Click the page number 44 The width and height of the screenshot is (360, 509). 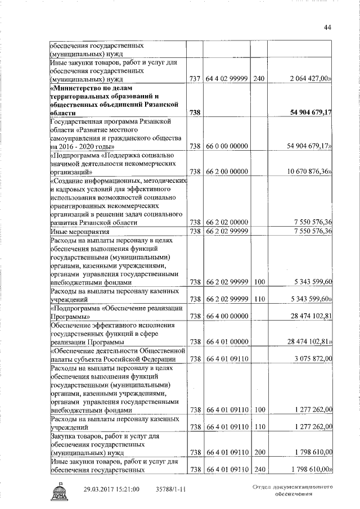tap(327, 29)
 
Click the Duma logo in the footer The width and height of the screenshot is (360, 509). tap(60, 490)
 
